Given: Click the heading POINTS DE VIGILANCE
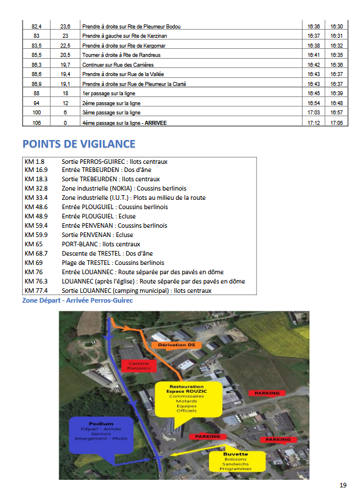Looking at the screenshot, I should (78, 144).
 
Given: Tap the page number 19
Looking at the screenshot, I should (343, 485).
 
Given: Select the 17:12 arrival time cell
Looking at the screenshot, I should (314, 123).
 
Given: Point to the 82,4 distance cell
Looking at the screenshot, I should (37, 26).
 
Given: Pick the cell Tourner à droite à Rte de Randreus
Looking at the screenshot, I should (121, 55).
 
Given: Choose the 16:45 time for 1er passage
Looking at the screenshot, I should (314, 94).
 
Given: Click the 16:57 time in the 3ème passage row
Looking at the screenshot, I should (336, 113).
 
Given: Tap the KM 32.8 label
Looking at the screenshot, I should (36, 188).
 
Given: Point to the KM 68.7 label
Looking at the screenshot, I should (36, 253).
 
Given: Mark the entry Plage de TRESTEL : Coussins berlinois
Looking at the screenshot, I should (113, 263).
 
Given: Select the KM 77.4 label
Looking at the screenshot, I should (36, 290).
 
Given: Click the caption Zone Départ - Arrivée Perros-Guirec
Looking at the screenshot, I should (77, 300).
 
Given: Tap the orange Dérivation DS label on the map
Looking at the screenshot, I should (175, 345).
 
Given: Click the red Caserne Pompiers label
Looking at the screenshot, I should (140, 365).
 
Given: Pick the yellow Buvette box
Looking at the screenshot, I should (236, 461).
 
